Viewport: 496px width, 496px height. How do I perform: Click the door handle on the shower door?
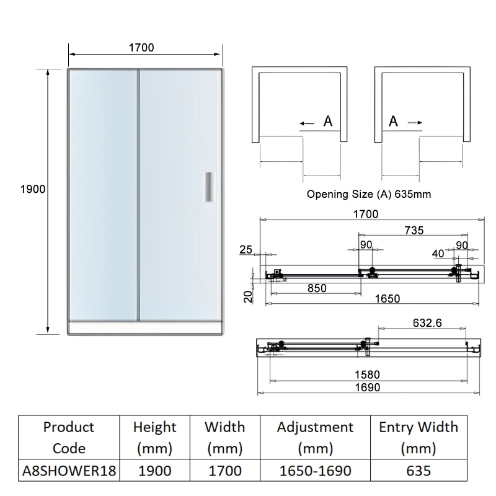(x=209, y=188)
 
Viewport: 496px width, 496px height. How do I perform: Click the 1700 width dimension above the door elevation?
(x=141, y=47)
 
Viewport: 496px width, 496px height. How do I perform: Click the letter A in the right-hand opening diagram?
(x=393, y=122)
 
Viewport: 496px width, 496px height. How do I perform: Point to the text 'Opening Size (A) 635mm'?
(x=369, y=194)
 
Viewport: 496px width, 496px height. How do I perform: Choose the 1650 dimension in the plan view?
(x=387, y=298)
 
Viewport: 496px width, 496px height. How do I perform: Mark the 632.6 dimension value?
(x=428, y=322)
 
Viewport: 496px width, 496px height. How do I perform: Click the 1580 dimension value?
(x=368, y=374)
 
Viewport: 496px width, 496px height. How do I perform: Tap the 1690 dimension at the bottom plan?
(x=368, y=387)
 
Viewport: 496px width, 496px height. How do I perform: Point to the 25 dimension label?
(x=246, y=250)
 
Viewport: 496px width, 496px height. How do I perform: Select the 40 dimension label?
(x=439, y=253)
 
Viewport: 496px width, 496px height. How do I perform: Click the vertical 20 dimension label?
(x=247, y=297)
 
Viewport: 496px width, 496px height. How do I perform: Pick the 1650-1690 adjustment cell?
(x=316, y=470)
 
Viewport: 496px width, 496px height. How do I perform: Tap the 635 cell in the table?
(x=418, y=470)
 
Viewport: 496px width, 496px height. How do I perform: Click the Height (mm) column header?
(x=155, y=437)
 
